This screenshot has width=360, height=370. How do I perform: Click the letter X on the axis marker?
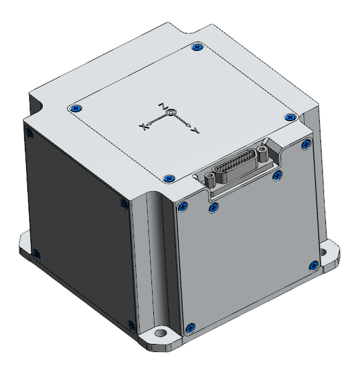coord(143,127)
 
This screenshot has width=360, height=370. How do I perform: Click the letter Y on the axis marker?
coord(196,130)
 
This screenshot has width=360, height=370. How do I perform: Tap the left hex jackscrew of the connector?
coord(211,179)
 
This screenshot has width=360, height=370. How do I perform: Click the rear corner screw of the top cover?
coord(197,47)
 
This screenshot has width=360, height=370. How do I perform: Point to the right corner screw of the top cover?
coord(289,117)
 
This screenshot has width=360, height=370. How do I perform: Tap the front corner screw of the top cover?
coord(168,179)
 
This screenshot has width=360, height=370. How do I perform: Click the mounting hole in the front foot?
coord(162,334)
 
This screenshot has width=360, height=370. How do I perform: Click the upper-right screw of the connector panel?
coord(305,145)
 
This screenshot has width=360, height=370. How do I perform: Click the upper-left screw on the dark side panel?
coord(27,131)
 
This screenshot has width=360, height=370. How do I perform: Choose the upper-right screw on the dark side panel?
coord(122,205)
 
